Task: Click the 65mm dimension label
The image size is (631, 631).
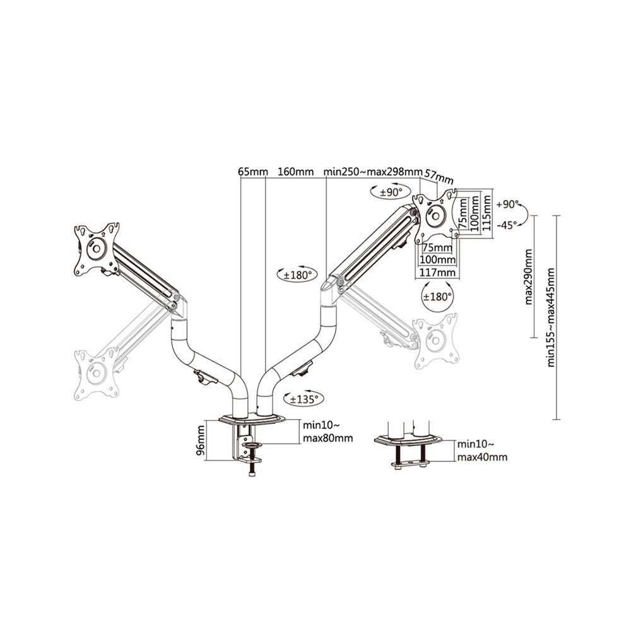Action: point(253,172)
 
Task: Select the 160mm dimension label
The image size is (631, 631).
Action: point(296,172)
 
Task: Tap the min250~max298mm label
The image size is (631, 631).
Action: point(373,172)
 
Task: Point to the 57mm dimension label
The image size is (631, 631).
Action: point(439,176)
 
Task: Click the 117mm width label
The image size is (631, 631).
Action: point(438,273)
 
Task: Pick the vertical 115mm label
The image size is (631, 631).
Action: point(487,213)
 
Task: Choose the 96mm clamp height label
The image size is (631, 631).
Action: point(201,440)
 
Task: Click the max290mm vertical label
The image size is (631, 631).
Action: point(528,277)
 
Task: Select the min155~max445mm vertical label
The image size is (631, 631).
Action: point(551,317)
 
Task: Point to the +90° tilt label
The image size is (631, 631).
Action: point(508,204)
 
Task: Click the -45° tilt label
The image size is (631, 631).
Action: point(507,225)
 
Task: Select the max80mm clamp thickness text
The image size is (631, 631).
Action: point(327,438)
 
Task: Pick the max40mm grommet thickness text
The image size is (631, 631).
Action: point(482,457)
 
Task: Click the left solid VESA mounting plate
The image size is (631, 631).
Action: point(97,249)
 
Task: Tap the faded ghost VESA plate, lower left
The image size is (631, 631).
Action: point(97,374)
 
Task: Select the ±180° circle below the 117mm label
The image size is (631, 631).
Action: point(437,296)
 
